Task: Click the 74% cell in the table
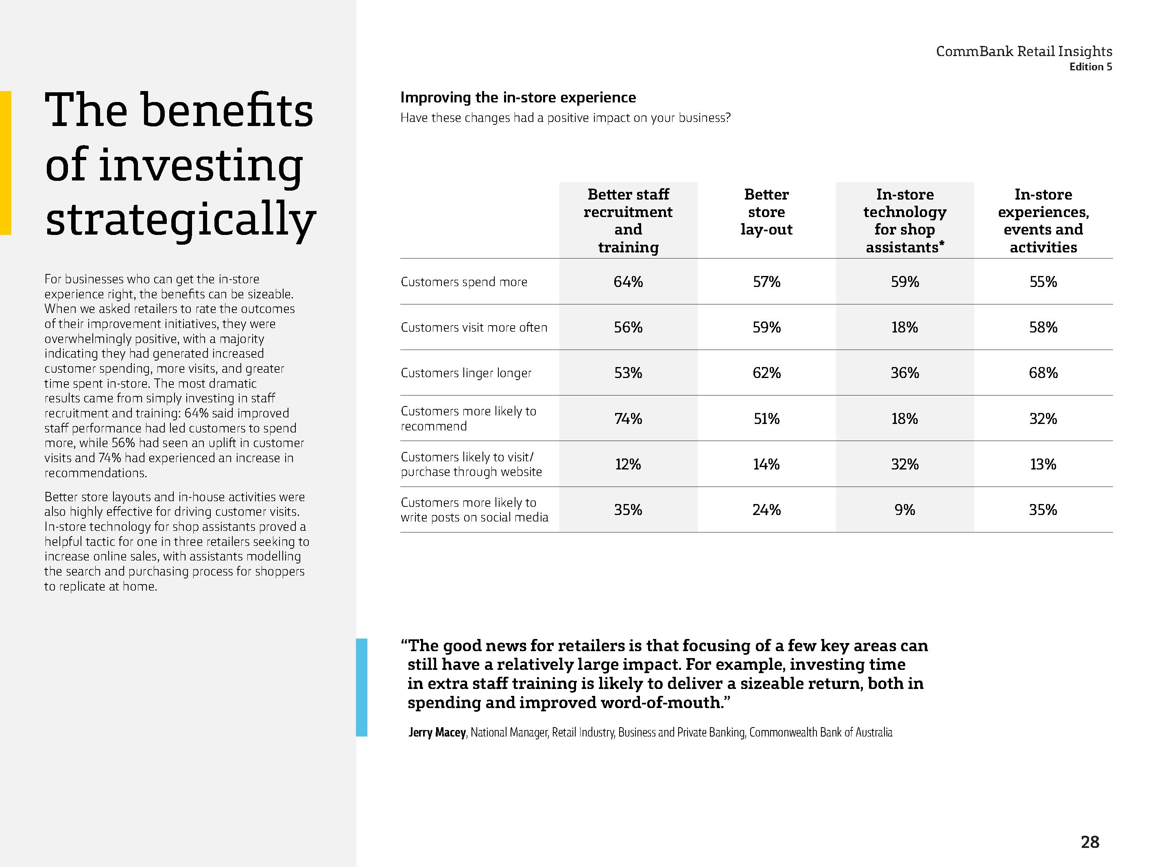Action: tap(628, 419)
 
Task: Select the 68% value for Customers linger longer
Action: tap(1043, 373)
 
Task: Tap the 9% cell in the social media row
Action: tap(904, 510)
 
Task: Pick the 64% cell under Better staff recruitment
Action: tap(628, 282)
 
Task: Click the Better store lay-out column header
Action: tap(766, 212)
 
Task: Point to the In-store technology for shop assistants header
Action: tap(904, 221)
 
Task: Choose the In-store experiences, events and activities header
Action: tap(1043, 221)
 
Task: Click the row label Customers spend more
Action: tap(464, 282)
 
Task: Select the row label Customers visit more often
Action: tap(474, 328)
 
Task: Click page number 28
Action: tap(1089, 842)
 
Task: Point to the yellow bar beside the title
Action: tap(5, 163)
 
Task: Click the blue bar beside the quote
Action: tap(361, 687)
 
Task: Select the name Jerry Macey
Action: tap(437, 732)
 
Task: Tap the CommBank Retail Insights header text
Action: tap(1024, 51)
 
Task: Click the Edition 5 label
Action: tap(1091, 67)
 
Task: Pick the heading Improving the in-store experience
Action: tap(518, 98)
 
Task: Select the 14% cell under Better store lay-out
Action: tap(766, 464)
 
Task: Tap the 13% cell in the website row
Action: tap(1043, 464)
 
